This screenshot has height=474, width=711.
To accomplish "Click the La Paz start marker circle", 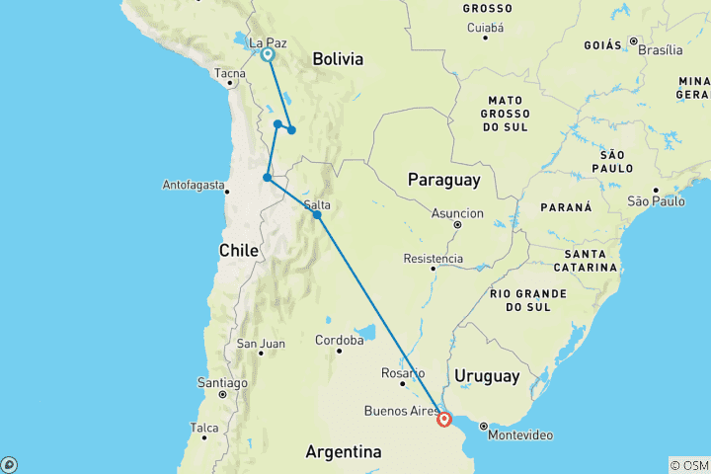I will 268,55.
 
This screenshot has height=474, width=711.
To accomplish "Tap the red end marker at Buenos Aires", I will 444,420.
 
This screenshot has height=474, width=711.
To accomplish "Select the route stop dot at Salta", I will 317,214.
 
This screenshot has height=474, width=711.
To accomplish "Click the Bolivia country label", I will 338,59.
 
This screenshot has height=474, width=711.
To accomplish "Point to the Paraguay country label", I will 444,180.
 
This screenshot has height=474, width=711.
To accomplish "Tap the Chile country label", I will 238,251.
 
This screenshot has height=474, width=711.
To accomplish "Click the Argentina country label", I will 343,451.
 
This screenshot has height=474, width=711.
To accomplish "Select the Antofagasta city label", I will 193,185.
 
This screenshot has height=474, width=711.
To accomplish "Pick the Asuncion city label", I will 457,212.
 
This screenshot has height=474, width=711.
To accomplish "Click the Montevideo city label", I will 518,435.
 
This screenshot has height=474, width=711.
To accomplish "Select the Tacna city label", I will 230,72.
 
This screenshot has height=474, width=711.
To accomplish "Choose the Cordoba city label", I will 339,340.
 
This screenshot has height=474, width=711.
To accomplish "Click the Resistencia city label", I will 433,259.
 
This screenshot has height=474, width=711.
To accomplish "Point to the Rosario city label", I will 404,373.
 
